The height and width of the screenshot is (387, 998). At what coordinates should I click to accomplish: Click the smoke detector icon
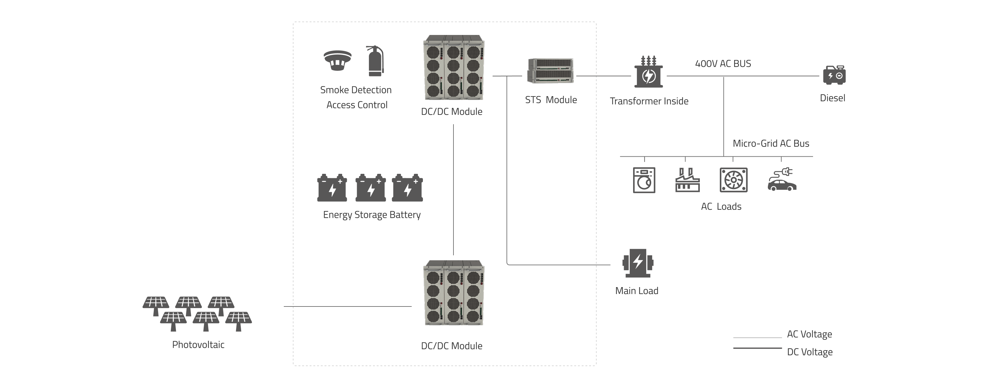click(337, 61)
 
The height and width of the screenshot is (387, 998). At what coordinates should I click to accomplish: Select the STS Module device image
click(550, 71)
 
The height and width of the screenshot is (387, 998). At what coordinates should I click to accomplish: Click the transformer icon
click(648, 72)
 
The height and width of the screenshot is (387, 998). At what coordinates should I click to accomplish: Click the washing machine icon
click(644, 180)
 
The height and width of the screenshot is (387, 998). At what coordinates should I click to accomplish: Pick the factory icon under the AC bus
click(687, 180)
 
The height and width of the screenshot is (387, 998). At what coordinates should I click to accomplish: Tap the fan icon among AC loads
click(734, 180)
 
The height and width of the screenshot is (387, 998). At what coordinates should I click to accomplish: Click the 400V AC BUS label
click(723, 64)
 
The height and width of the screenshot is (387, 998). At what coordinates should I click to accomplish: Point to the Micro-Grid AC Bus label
click(771, 144)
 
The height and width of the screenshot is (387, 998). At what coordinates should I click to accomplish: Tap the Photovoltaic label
click(198, 344)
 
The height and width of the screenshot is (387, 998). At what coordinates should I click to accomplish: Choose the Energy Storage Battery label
click(371, 215)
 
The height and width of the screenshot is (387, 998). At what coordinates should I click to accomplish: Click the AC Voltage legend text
click(809, 334)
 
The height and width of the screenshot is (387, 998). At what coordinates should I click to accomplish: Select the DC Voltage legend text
click(809, 352)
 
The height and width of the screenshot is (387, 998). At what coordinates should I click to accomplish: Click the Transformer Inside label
click(649, 101)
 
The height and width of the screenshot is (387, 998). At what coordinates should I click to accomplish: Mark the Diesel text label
click(832, 98)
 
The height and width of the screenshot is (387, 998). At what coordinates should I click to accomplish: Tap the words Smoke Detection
click(356, 90)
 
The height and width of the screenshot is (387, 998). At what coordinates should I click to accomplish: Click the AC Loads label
click(721, 206)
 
